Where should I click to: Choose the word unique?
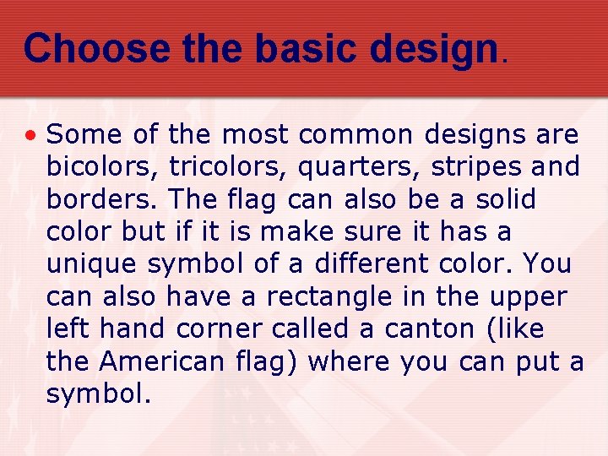pyautogui.click(x=92, y=264)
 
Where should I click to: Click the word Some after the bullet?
pyautogui.click(x=80, y=134)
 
